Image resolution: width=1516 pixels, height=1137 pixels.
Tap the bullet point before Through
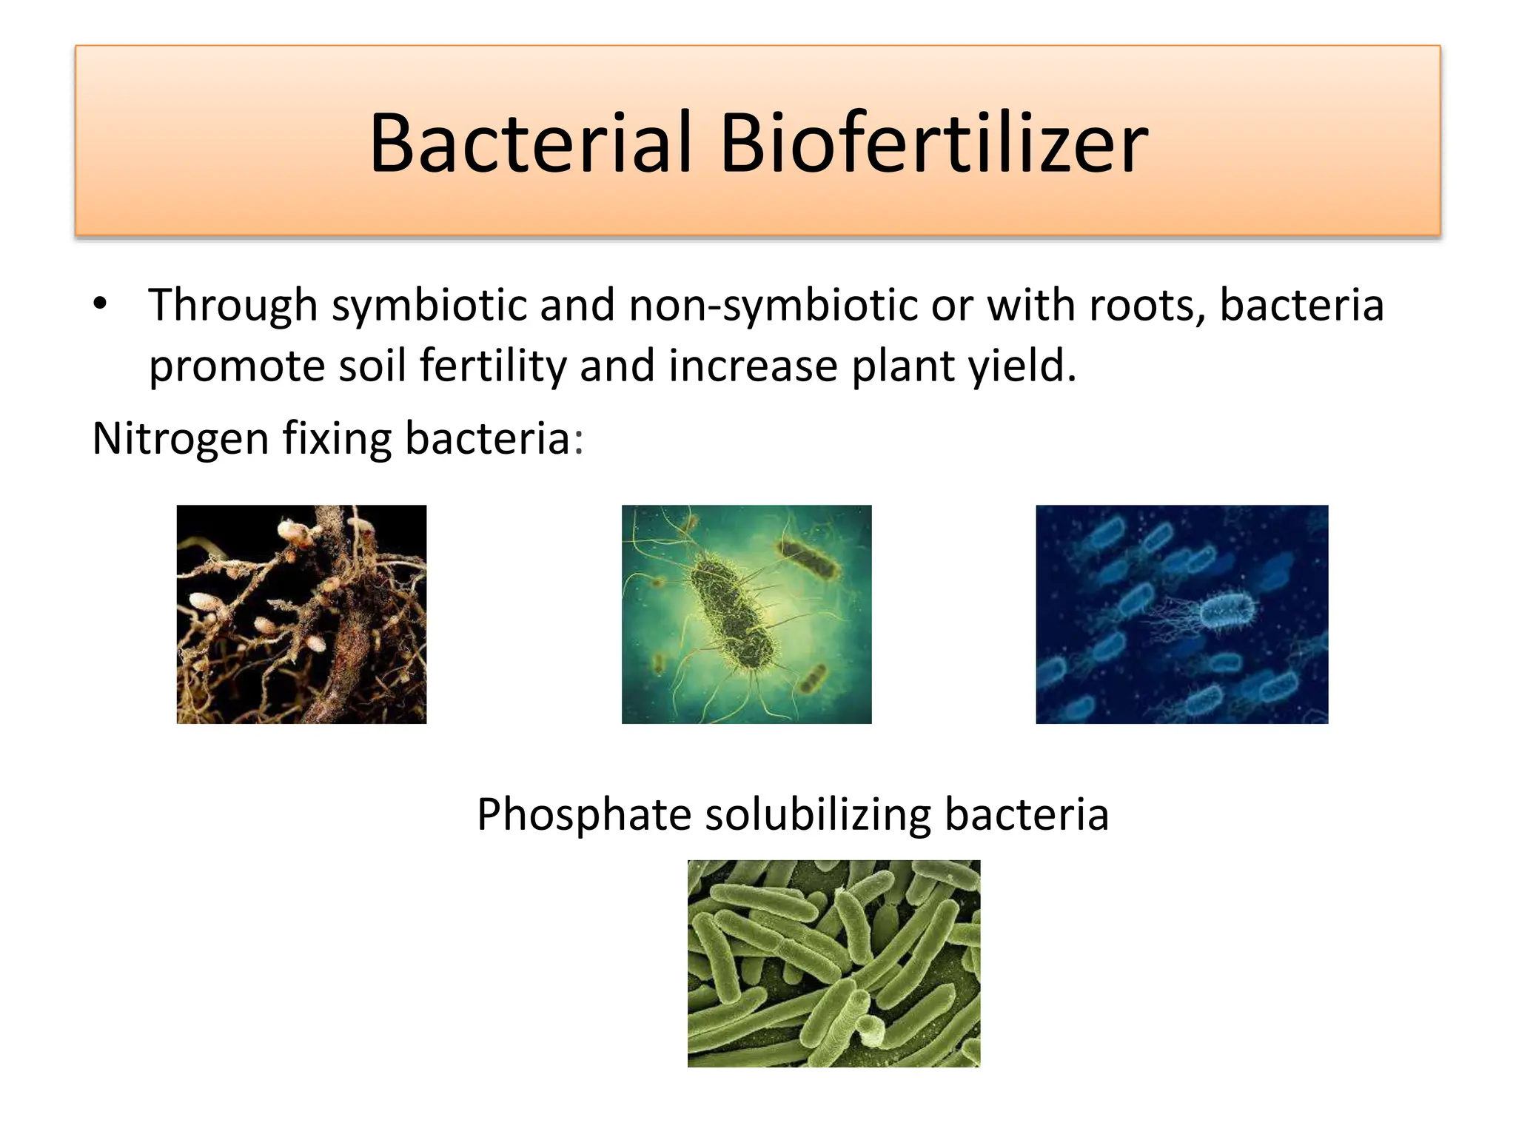101,304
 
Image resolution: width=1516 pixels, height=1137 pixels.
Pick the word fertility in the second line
492,366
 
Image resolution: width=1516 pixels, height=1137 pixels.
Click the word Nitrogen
179,439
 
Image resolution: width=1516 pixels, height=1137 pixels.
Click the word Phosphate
583,815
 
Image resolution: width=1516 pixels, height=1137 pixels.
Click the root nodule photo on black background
301,614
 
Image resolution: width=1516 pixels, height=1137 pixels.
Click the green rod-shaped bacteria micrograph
834,962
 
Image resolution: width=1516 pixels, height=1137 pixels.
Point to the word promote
236,366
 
